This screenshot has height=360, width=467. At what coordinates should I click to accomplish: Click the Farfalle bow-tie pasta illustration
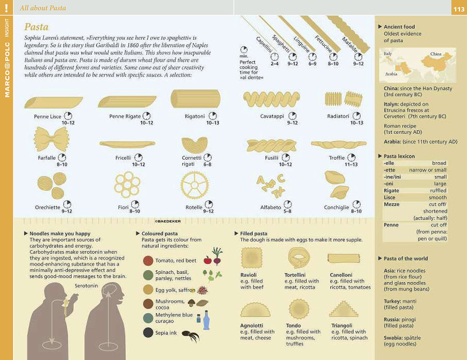point(52,139)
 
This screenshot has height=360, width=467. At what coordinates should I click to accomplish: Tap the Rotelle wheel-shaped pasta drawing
point(194,185)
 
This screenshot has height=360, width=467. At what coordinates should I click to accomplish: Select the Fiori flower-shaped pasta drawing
point(127,185)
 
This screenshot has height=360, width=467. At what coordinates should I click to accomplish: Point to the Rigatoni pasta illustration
point(195,99)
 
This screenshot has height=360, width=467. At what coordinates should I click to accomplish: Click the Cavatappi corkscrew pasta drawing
point(271,99)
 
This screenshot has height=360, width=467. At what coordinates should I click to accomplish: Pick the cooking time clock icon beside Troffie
point(352,157)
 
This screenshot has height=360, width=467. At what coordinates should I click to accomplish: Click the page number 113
point(459,9)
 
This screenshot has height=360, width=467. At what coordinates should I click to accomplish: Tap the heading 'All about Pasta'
point(43,8)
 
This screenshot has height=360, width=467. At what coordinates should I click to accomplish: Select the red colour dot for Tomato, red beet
point(148,261)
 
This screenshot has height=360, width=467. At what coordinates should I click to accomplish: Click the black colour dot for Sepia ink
point(148,333)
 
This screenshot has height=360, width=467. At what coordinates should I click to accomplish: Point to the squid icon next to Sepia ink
point(191,335)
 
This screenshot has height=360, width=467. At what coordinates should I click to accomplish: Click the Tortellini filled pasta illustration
point(299,258)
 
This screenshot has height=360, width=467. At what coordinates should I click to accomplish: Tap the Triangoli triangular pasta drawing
point(344,309)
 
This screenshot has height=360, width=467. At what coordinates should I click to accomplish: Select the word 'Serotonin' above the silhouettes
point(86,286)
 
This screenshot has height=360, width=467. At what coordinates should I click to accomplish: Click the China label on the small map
point(436,54)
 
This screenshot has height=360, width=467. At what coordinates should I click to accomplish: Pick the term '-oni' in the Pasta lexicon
point(389,183)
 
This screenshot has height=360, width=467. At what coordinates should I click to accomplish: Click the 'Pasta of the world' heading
point(405,258)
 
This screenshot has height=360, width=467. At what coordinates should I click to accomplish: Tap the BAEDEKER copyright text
point(168,221)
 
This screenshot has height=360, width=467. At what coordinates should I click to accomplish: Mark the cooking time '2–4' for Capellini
point(274,63)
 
